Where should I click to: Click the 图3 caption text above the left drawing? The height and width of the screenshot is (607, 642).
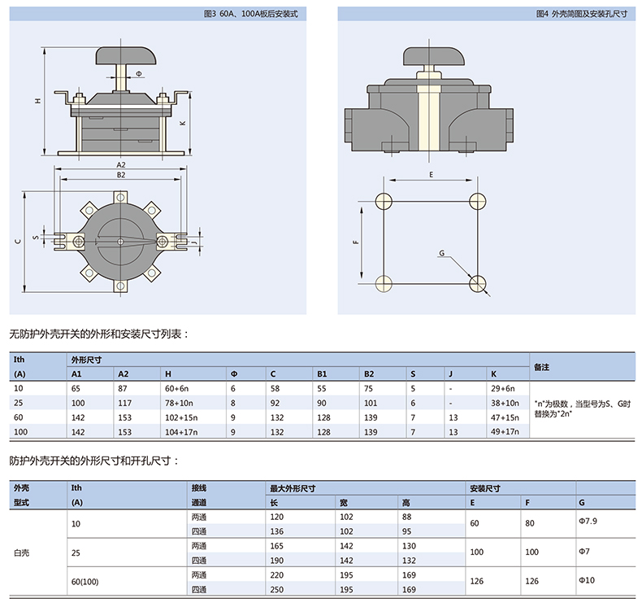[252, 13]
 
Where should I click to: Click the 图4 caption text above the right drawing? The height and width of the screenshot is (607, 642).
[582, 13]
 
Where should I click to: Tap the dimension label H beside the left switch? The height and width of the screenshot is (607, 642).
[36, 101]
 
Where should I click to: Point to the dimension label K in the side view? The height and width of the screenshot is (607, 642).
[182, 123]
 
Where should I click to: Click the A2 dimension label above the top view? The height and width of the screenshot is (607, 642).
[121, 165]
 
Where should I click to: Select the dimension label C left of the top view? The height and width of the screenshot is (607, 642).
[17, 242]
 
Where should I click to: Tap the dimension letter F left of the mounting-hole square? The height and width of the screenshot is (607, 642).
[356, 242]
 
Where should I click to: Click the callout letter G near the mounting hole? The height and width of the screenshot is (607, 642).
[441, 254]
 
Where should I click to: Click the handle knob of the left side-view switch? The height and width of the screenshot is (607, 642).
[124, 56]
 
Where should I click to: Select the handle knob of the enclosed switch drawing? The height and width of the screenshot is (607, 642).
[432, 56]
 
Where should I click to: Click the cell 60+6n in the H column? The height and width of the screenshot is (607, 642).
[177, 389]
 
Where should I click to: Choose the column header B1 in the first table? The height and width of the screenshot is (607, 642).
[322, 373]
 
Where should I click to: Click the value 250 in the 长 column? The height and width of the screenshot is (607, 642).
[278, 589]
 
